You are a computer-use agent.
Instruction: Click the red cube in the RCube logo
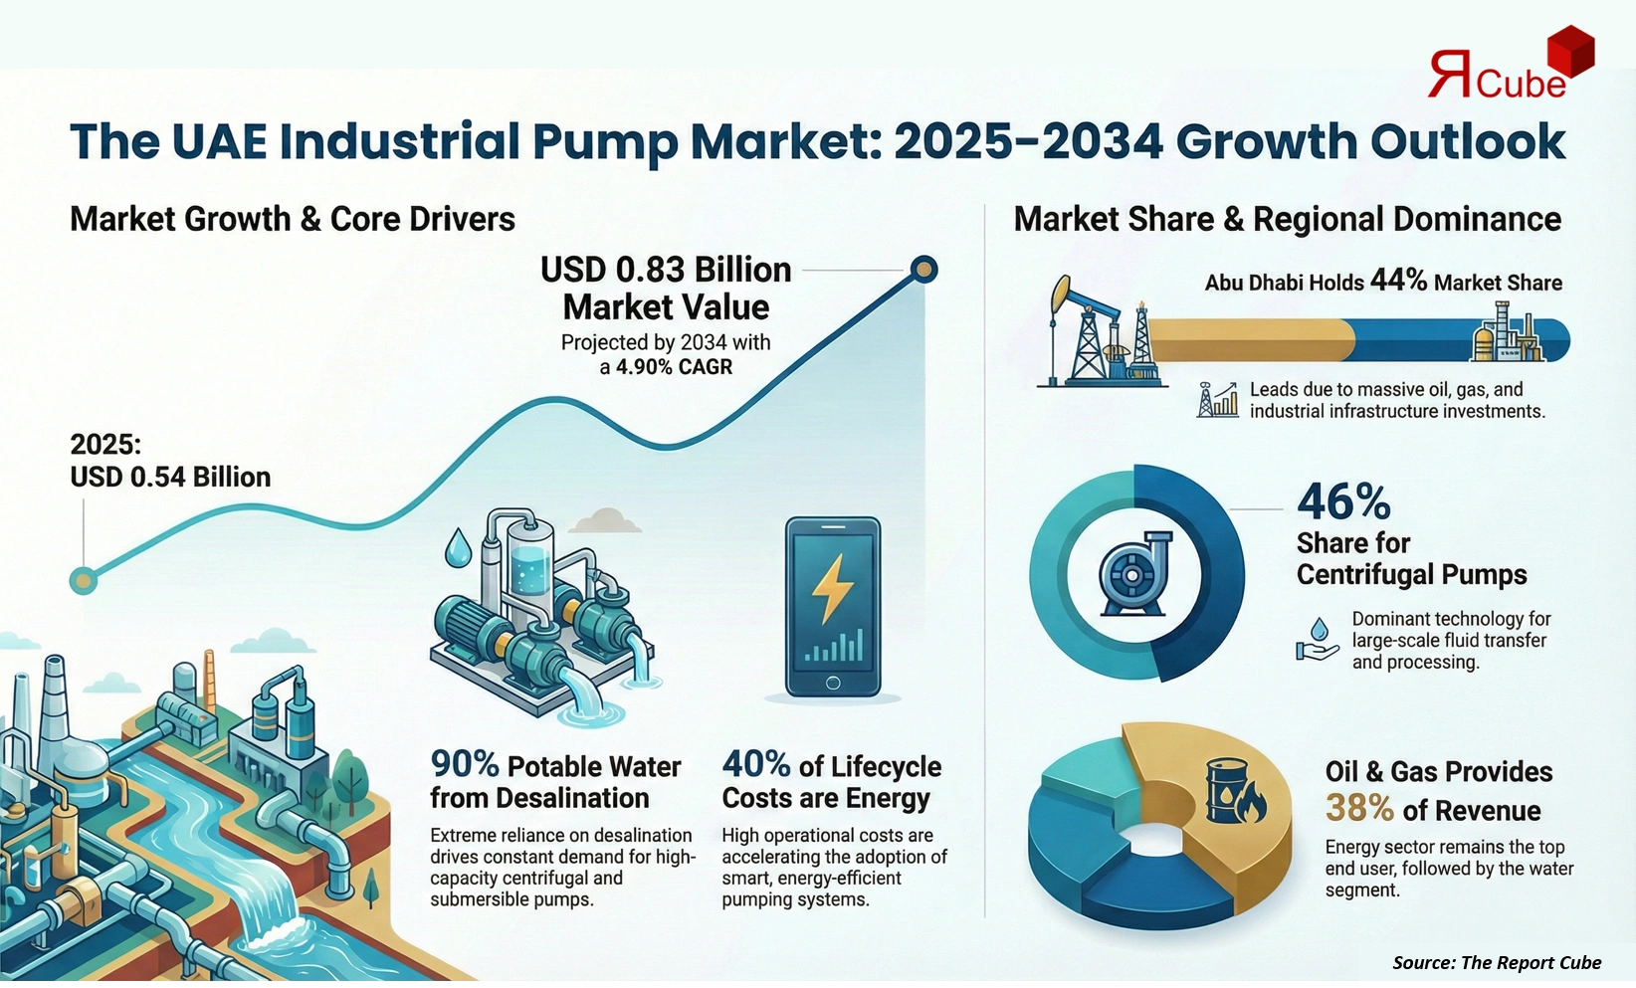[x=1571, y=51]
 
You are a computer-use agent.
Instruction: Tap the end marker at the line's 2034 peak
[x=924, y=269]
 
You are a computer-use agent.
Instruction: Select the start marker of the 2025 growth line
[x=84, y=580]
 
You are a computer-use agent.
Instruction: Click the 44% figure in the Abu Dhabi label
[x=1398, y=281]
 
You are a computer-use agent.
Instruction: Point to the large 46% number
[x=1342, y=501]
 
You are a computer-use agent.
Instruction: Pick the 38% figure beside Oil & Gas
[x=1359, y=809]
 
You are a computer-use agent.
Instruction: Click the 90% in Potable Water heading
[x=464, y=764]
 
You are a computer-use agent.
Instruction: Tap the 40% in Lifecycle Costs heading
[x=755, y=764]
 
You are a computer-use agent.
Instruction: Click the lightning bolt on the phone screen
[x=833, y=588]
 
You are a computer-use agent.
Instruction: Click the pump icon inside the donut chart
[x=1135, y=574]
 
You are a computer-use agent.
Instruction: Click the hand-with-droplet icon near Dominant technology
[x=1318, y=640]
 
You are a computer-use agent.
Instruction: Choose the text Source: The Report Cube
[x=1496, y=962]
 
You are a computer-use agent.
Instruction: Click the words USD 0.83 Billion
[x=666, y=270]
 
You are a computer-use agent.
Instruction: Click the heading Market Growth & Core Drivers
[x=292, y=219]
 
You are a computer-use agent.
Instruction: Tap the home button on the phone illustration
[x=833, y=684]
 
